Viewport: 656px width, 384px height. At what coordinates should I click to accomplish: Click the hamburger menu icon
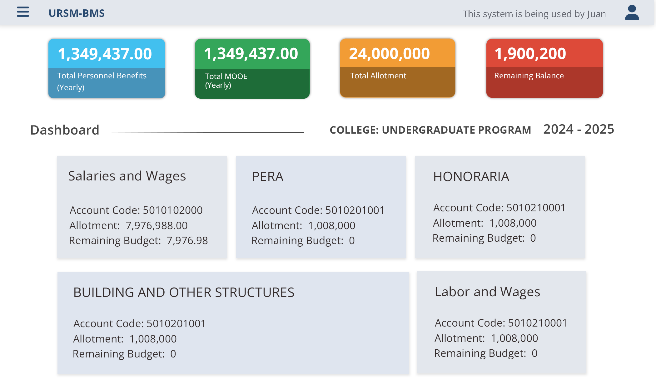click(23, 12)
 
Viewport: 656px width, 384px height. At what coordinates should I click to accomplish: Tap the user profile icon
click(632, 13)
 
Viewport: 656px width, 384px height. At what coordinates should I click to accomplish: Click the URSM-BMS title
click(77, 13)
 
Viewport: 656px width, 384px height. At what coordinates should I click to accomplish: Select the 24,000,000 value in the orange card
click(389, 54)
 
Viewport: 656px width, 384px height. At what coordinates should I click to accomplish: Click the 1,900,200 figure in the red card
click(530, 54)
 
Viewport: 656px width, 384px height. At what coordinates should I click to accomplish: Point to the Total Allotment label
click(378, 76)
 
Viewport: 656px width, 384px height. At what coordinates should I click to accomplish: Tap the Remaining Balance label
click(529, 76)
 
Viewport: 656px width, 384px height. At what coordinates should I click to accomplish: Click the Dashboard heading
click(65, 130)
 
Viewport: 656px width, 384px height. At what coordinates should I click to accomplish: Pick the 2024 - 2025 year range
click(579, 129)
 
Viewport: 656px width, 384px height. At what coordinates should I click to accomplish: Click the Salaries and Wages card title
click(127, 176)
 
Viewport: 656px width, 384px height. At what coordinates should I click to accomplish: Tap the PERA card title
click(268, 177)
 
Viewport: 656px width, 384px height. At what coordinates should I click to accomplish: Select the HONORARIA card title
click(471, 177)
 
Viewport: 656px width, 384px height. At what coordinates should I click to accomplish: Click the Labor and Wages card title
click(487, 292)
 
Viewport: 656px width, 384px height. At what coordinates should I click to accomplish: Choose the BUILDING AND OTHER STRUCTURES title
click(184, 293)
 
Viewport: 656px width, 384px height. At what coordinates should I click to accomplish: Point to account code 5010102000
click(172, 210)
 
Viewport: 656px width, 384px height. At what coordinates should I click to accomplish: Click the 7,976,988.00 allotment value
click(157, 226)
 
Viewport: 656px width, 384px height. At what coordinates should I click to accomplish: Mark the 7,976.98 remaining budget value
click(187, 241)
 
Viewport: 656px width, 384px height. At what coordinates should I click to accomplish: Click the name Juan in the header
click(596, 14)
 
